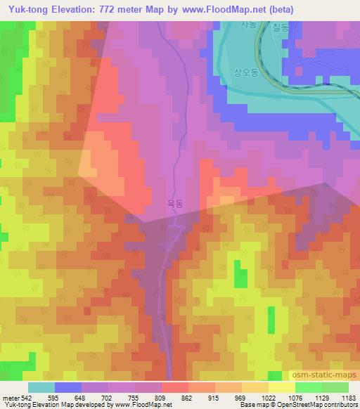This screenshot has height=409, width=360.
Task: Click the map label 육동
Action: [x=175, y=203]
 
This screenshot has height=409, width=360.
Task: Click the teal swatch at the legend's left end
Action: [x=41, y=387]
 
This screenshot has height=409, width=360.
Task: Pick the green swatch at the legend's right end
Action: [x=335, y=387]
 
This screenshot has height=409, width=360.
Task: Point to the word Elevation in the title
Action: [x=70, y=10]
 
